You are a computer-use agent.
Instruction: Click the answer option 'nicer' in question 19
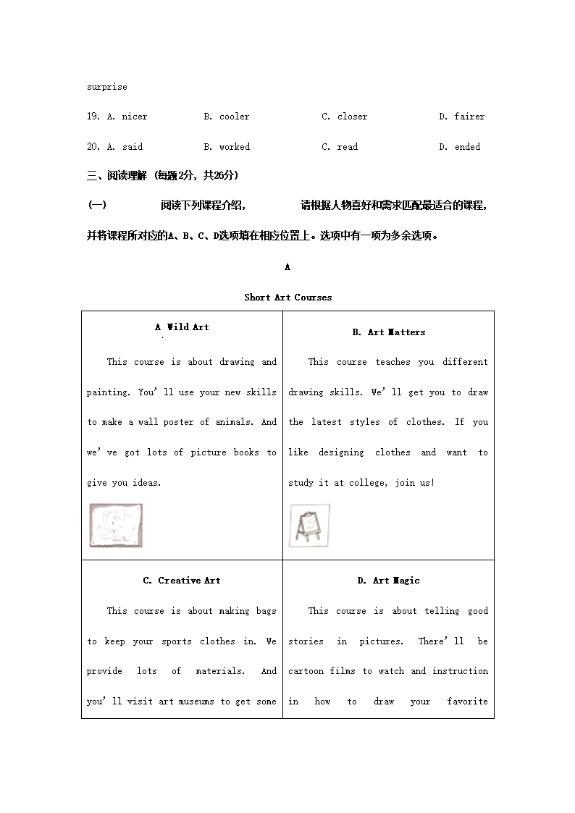pos(134,117)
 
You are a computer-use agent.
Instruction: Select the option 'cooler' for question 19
pos(234,117)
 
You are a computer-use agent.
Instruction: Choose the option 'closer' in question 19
pos(352,117)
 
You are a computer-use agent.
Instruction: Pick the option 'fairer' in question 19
pos(469,117)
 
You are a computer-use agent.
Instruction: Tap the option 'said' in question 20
pos(133,147)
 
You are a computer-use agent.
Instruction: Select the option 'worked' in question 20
pos(234,147)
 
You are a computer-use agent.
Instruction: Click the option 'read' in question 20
pos(348,147)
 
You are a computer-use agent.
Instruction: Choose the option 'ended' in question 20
pos(467,147)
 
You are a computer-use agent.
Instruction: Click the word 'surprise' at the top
pos(106,87)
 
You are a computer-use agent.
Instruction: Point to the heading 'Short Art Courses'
pos(287,298)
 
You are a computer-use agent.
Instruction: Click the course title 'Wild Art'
pos(188,327)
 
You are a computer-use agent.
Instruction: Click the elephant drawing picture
pos(116,525)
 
